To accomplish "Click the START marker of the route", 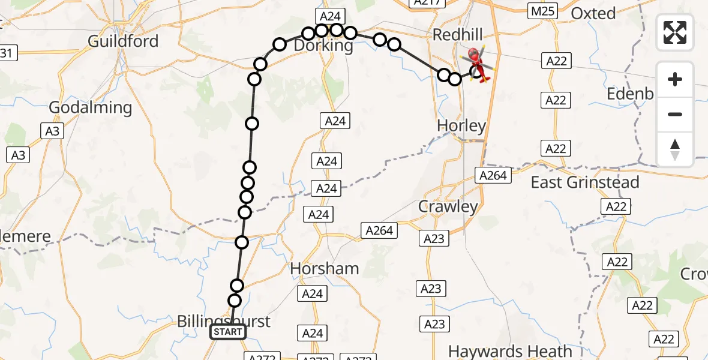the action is click(x=228, y=332).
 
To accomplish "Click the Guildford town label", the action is click(x=123, y=41).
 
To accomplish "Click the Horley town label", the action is click(x=461, y=126).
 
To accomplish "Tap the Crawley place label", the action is click(x=448, y=207).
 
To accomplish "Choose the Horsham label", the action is click(x=325, y=269).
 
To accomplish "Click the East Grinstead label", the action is click(x=585, y=182).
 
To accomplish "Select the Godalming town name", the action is click(x=90, y=108).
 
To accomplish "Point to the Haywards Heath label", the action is click(x=510, y=351).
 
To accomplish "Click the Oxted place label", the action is click(x=593, y=13).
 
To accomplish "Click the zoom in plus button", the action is click(x=675, y=80).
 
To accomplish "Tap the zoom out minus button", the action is click(x=675, y=114).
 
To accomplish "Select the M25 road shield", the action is click(x=543, y=11).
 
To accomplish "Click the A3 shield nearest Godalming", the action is click(x=52, y=130).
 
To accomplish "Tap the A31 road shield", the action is click(x=5, y=53).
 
